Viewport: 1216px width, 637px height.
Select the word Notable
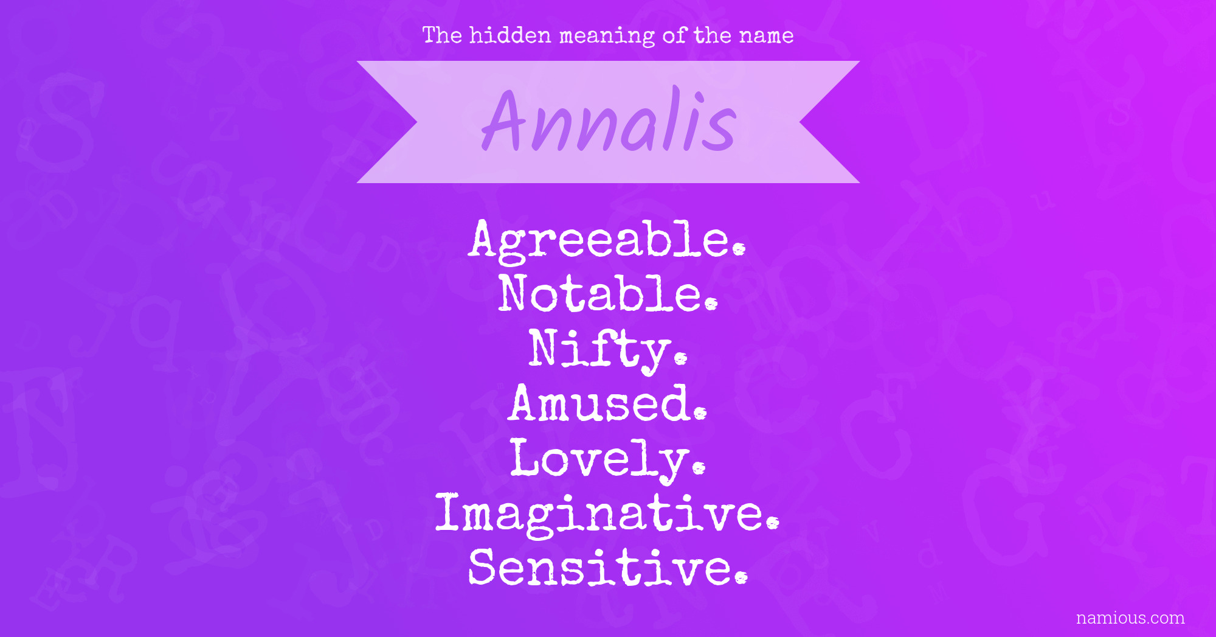[608, 294]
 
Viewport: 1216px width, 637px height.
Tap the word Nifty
[608, 350]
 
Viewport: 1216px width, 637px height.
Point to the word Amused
[608, 403]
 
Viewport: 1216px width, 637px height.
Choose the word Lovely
[608, 459]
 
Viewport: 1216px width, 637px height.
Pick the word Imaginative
[607, 515]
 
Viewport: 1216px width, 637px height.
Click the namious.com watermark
[1130, 618]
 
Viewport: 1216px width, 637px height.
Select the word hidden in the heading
[510, 35]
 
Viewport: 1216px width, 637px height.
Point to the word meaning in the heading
[607, 37]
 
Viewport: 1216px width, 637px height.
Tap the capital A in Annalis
[503, 120]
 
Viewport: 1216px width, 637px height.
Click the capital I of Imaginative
[447, 512]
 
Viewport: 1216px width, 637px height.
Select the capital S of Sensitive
[483, 567]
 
